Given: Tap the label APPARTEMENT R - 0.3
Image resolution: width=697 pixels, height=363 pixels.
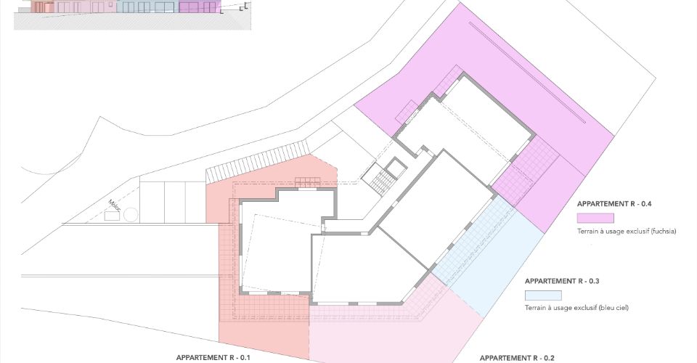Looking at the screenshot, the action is coord(562,281).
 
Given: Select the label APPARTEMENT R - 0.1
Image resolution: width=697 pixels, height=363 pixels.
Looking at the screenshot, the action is coord(213,358).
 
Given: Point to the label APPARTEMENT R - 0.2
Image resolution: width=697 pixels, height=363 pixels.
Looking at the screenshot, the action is coord(517,358).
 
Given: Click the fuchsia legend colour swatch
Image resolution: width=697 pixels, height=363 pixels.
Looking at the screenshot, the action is coord(595,218).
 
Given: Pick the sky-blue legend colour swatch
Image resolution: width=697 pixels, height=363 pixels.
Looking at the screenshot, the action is coord(543,295).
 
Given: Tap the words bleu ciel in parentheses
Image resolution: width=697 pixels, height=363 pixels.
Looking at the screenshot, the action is coord(614,308).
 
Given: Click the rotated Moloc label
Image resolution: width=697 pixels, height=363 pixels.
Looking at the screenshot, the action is coord(114,205).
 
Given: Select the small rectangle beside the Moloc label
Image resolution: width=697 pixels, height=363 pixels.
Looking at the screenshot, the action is coord(113,216).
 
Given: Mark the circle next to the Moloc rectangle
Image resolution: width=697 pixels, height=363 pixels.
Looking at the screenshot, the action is coord(131,215).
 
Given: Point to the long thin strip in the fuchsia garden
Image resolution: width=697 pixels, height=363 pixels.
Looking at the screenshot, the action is coord(527,72).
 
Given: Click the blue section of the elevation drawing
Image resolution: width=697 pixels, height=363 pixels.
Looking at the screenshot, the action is coord(147,7).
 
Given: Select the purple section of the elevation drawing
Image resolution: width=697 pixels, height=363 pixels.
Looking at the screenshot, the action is coord(200,7).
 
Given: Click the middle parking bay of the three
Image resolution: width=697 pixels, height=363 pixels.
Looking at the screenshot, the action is coord(176,202).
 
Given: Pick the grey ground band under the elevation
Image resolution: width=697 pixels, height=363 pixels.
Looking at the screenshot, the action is coord(132,21).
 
